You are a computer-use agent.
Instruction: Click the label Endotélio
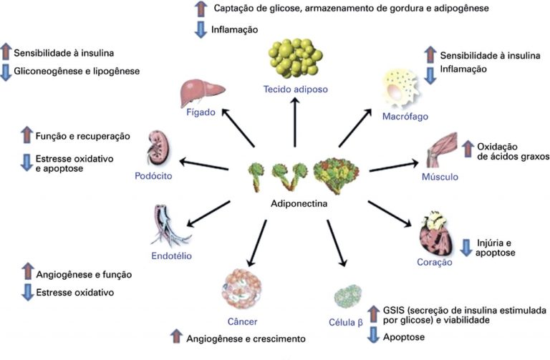click(171, 255)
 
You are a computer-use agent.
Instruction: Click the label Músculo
click(440, 176)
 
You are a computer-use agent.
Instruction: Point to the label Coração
click(435, 263)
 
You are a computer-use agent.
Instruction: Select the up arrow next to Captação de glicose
click(201, 9)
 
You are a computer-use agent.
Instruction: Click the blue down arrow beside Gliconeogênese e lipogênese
click(6, 72)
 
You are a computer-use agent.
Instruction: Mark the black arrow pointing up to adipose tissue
click(294, 122)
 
